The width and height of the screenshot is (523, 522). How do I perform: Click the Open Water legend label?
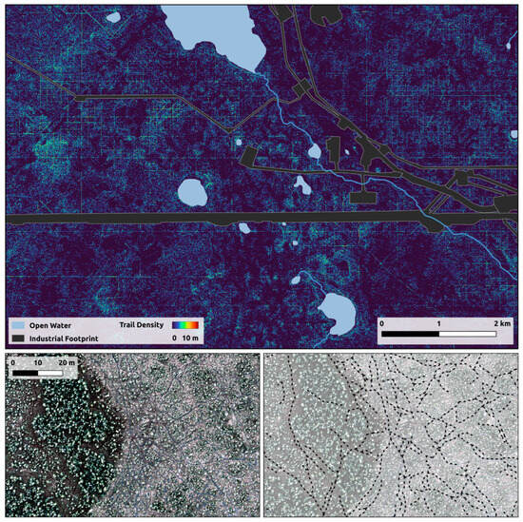pyautogui.click(x=57, y=324)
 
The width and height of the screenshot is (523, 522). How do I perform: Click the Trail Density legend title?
pyautogui.click(x=145, y=324)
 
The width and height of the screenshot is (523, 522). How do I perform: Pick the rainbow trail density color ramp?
pyautogui.click(x=186, y=324)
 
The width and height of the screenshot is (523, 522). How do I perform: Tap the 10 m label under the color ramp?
pyautogui.click(x=191, y=338)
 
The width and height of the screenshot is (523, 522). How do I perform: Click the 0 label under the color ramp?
pyautogui.click(x=174, y=338)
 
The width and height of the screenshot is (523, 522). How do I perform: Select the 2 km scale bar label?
pyautogui.click(x=501, y=323)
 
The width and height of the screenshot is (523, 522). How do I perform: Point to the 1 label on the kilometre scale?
pyautogui.click(x=439, y=323)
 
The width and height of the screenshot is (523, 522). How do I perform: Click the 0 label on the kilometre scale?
pyautogui.click(x=381, y=323)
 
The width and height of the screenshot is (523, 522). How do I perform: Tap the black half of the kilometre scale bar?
pyautogui.click(x=410, y=335)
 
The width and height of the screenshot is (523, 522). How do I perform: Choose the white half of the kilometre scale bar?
pyautogui.click(x=469, y=335)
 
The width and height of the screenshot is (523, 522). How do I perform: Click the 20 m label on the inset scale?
pyautogui.click(x=67, y=362)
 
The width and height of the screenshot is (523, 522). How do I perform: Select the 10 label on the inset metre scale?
pyautogui.click(x=37, y=362)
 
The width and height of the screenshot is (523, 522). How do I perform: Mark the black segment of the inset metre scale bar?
pyautogui.click(x=25, y=372)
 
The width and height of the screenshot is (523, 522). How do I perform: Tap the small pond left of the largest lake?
pyautogui.click(x=114, y=16)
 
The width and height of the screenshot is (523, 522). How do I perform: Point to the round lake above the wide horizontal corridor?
pyautogui.click(x=193, y=193)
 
